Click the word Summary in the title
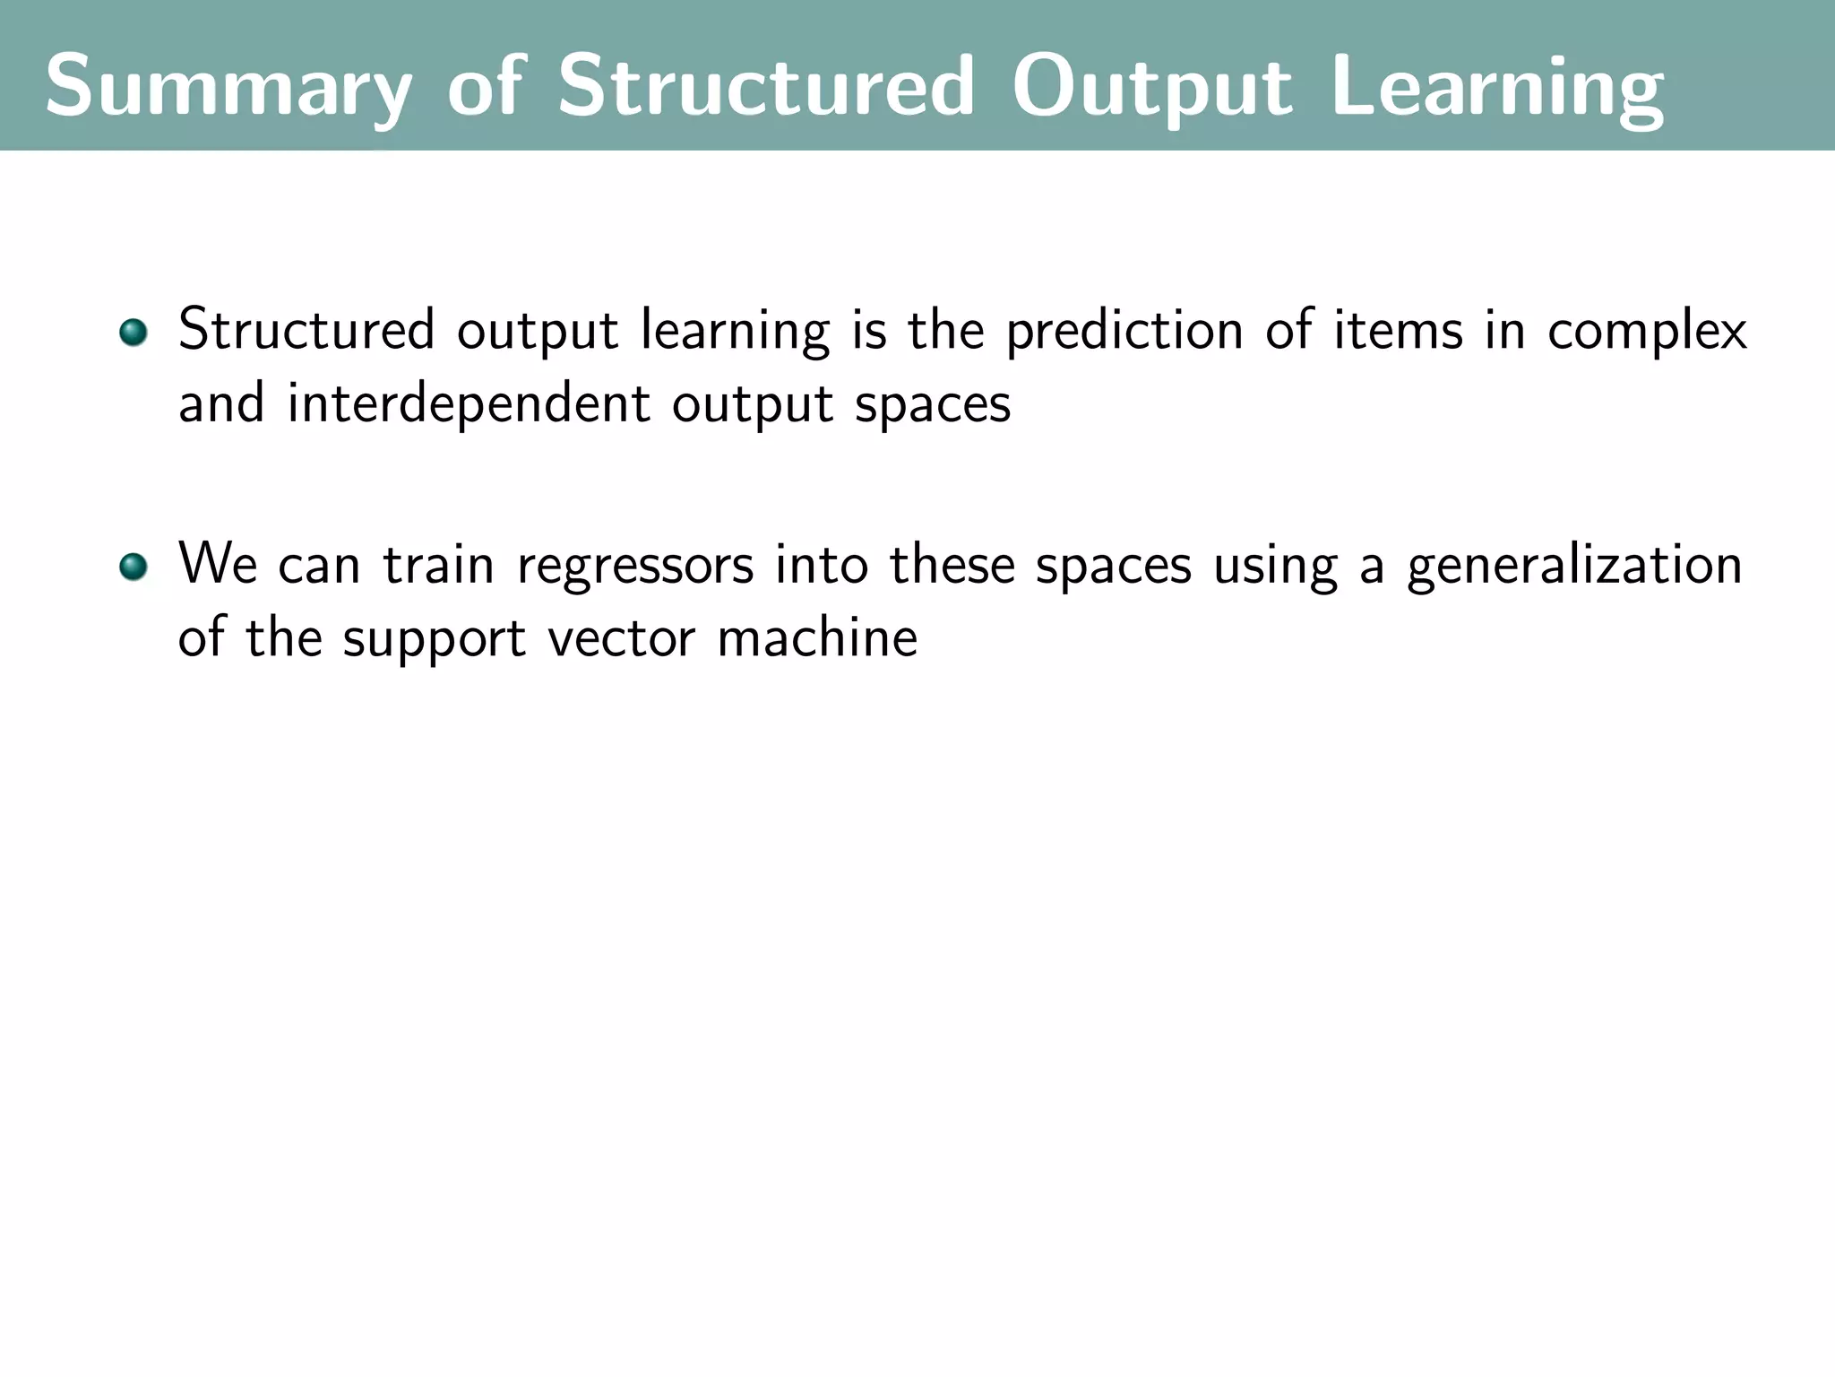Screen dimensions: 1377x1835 228,88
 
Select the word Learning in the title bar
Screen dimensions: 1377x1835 1497,88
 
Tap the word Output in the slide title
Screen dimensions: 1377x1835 1151,88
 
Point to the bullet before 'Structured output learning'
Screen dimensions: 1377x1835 134,333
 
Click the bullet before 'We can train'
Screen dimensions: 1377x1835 134,567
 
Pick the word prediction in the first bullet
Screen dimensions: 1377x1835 1124,332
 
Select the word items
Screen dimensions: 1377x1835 1398,330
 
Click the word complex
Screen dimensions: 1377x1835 1647,332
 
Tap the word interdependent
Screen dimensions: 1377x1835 468,404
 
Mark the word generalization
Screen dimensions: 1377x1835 1574,567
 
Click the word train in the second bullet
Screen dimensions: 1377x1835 439,565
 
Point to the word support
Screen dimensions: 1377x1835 434,640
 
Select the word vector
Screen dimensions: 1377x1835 621,639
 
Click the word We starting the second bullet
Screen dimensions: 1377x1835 218,565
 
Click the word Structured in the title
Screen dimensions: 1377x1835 765,88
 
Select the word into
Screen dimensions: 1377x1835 822,565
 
